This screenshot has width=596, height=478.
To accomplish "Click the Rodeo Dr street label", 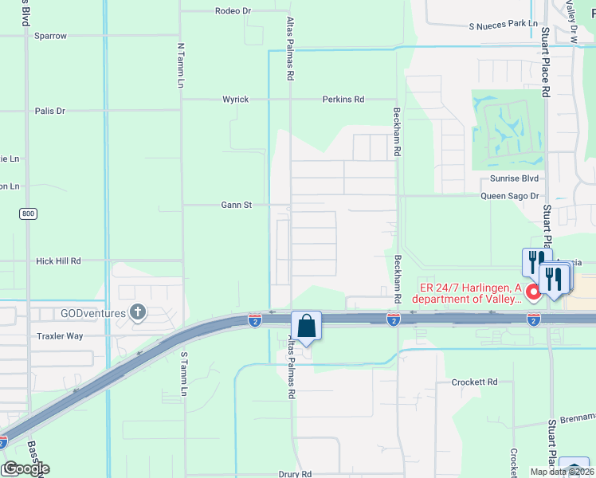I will point(233,11).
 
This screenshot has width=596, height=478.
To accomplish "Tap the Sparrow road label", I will point(50,36).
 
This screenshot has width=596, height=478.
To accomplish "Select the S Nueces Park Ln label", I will point(503,26).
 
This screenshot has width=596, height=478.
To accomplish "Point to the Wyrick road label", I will point(235,100).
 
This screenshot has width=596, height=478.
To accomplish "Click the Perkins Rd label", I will point(343,100).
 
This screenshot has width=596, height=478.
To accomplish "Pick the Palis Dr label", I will point(50,111).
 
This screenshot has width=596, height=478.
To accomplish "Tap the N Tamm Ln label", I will point(181,66).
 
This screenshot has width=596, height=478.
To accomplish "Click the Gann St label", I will point(237,205).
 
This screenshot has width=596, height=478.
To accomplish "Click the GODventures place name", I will point(92,313).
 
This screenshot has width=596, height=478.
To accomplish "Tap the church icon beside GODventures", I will point(138,312).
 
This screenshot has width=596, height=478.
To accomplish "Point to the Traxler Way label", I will point(59,336).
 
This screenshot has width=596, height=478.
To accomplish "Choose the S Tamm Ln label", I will point(184,374).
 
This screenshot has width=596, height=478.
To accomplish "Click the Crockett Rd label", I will point(474,382).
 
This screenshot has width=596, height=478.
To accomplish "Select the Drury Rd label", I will point(295,473).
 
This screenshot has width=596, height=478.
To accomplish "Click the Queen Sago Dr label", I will point(510,196).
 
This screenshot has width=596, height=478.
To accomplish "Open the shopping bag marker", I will point(306,326).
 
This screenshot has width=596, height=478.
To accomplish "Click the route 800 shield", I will point(29,214).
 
